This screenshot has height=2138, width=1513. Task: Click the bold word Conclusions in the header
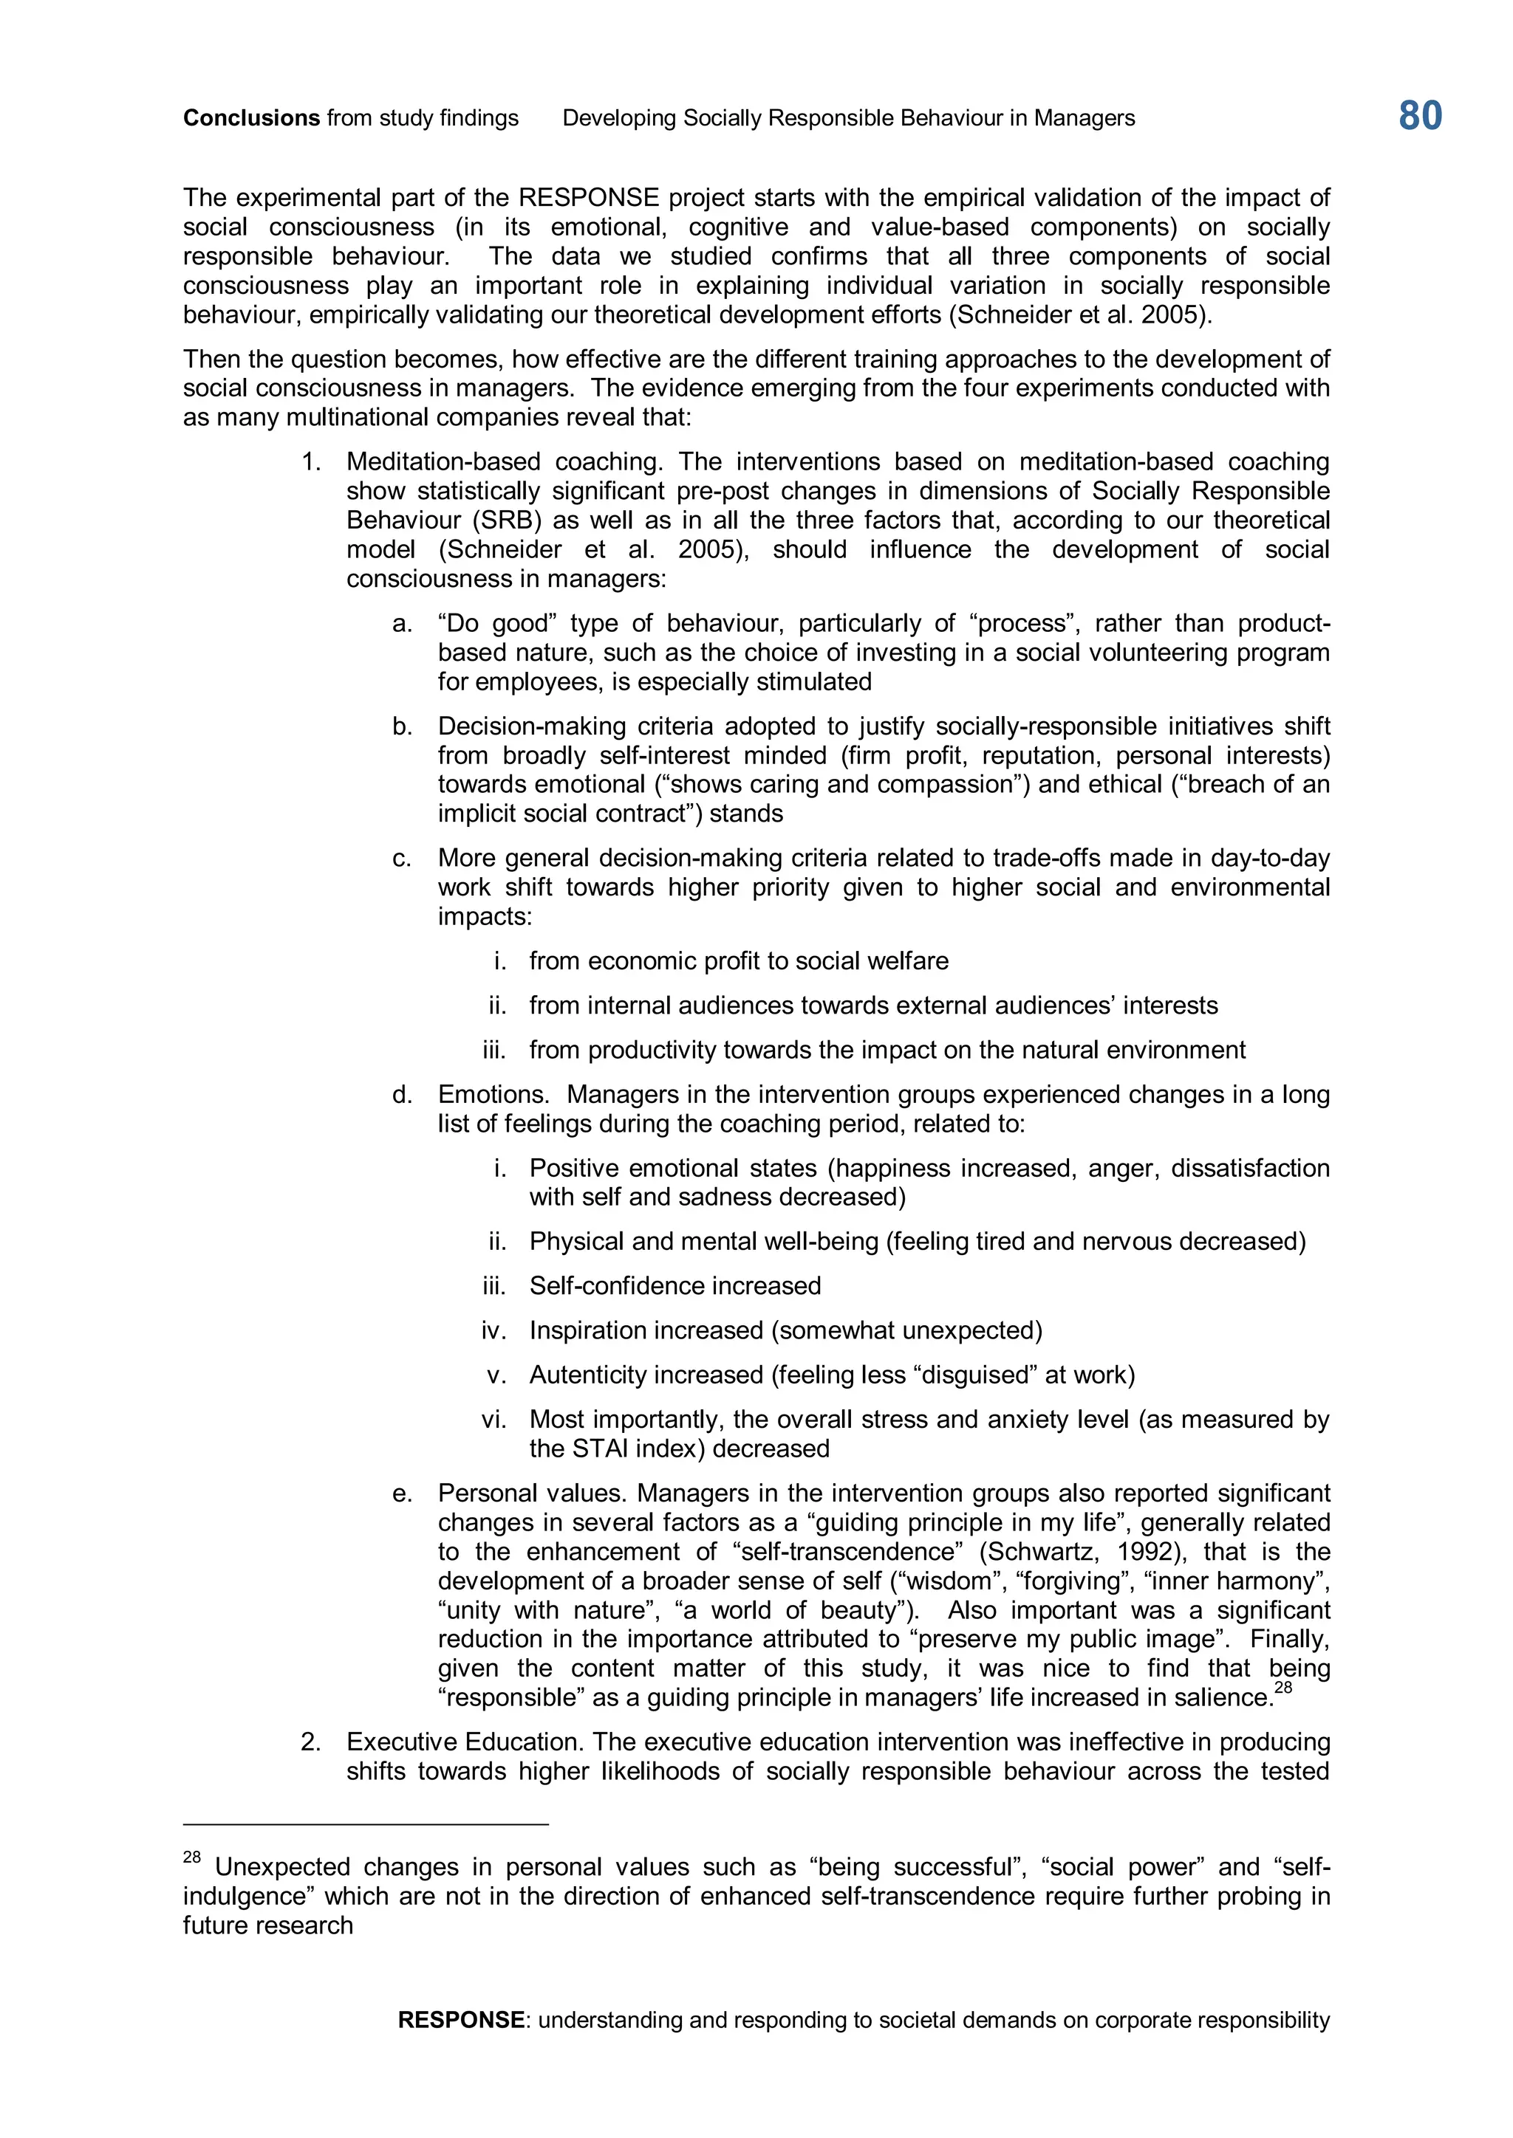pos(251,118)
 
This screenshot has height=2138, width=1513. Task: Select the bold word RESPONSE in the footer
pos(461,2020)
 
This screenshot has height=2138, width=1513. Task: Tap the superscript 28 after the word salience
pos(1283,1688)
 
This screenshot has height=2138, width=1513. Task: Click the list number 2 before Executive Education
pos(310,1742)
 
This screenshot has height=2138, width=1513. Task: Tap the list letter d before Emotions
pos(402,1094)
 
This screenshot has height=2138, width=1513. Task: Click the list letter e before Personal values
pos(402,1493)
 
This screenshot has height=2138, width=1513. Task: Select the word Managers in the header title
pos(1085,118)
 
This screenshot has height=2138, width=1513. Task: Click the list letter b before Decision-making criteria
pos(402,726)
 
